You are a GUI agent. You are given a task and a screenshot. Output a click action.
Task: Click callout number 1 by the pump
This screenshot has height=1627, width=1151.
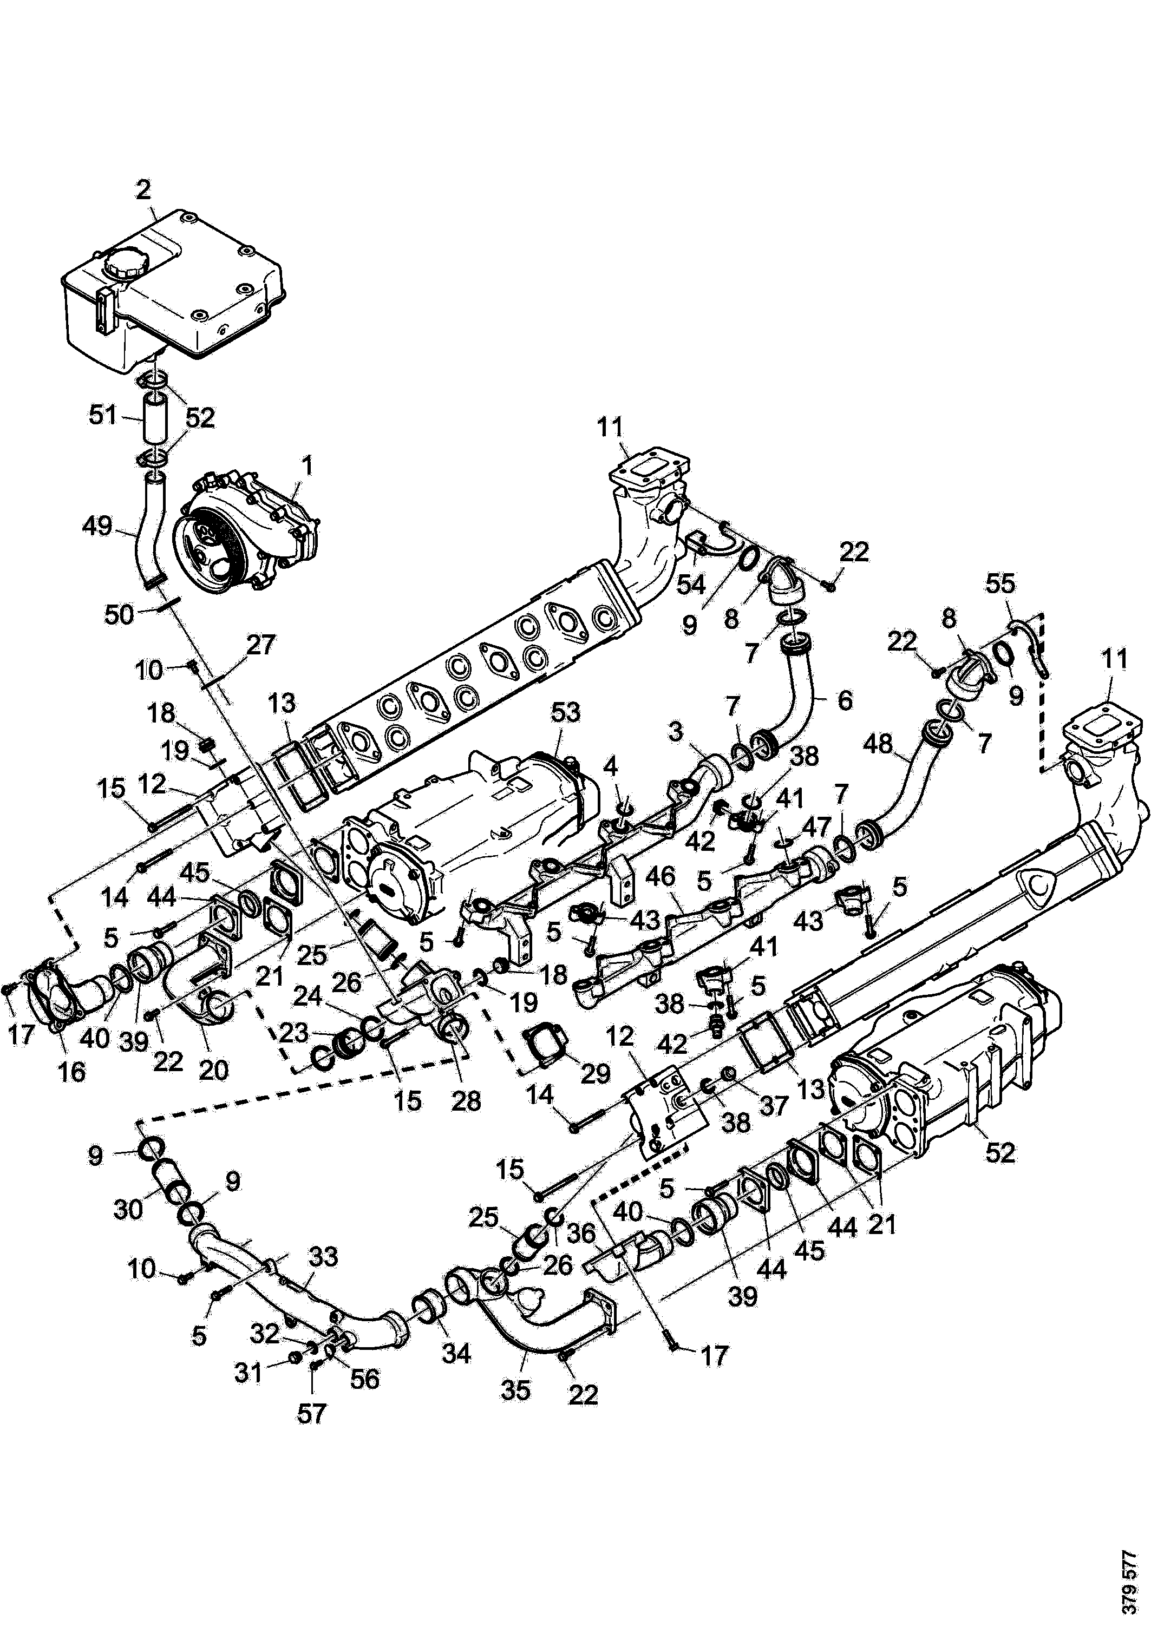[x=307, y=466]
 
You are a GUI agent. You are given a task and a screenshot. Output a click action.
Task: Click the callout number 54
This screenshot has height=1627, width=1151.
[x=690, y=584]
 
